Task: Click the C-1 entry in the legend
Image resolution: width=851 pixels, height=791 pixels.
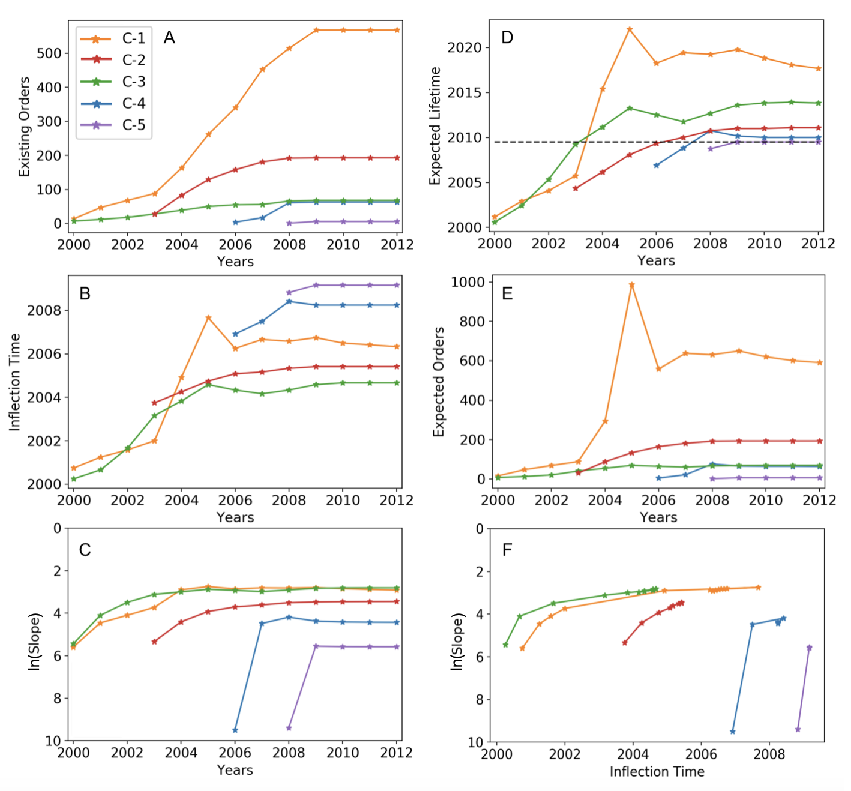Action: (x=113, y=39)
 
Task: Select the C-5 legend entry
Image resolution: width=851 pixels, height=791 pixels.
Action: (x=113, y=125)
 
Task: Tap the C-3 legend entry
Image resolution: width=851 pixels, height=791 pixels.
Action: (x=113, y=82)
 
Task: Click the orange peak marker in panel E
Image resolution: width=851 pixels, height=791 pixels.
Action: (x=631, y=285)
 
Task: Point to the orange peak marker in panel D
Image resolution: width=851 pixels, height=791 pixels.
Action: (x=630, y=29)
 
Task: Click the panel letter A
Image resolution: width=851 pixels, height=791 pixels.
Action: (x=169, y=38)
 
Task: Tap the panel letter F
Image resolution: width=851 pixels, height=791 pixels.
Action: (x=507, y=550)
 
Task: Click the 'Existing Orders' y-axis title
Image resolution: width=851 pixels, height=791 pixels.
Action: (x=24, y=127)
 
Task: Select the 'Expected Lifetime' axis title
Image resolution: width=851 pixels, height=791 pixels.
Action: (x=435, y=126)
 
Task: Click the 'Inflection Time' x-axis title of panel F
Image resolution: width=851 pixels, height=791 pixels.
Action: (x=657, y=772)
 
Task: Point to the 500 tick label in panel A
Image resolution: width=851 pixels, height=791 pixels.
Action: (x=49, y=53)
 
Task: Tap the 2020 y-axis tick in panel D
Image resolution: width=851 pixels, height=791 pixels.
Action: (x=465, y=47)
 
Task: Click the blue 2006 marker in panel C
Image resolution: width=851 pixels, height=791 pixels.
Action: (x=235, y=730)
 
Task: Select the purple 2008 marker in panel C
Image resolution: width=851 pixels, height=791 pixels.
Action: (x=289, y=728)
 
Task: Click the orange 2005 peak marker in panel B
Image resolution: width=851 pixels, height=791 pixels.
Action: (x=208, y=317)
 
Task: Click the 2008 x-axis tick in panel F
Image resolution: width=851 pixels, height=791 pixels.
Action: (x=769, y=754)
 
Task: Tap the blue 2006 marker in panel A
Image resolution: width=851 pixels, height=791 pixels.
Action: (x=235, y=222)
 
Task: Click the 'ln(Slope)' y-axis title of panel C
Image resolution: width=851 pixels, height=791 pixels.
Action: (x=35, y=641)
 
